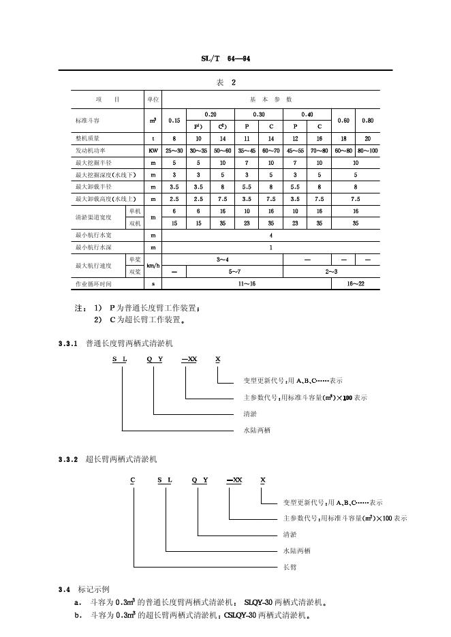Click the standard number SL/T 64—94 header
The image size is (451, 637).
point(225,59)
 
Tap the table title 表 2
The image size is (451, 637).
point(226,82)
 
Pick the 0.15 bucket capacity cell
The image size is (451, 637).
point(174,120)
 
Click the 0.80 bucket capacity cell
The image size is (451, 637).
point(368,120)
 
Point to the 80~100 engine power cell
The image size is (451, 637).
point(368,150)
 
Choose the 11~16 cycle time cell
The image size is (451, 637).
point(247,283)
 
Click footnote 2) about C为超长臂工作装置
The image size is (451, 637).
point(140,320)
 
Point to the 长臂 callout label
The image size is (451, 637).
point(290,567)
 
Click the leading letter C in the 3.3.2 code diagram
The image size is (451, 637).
point(134,480)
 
